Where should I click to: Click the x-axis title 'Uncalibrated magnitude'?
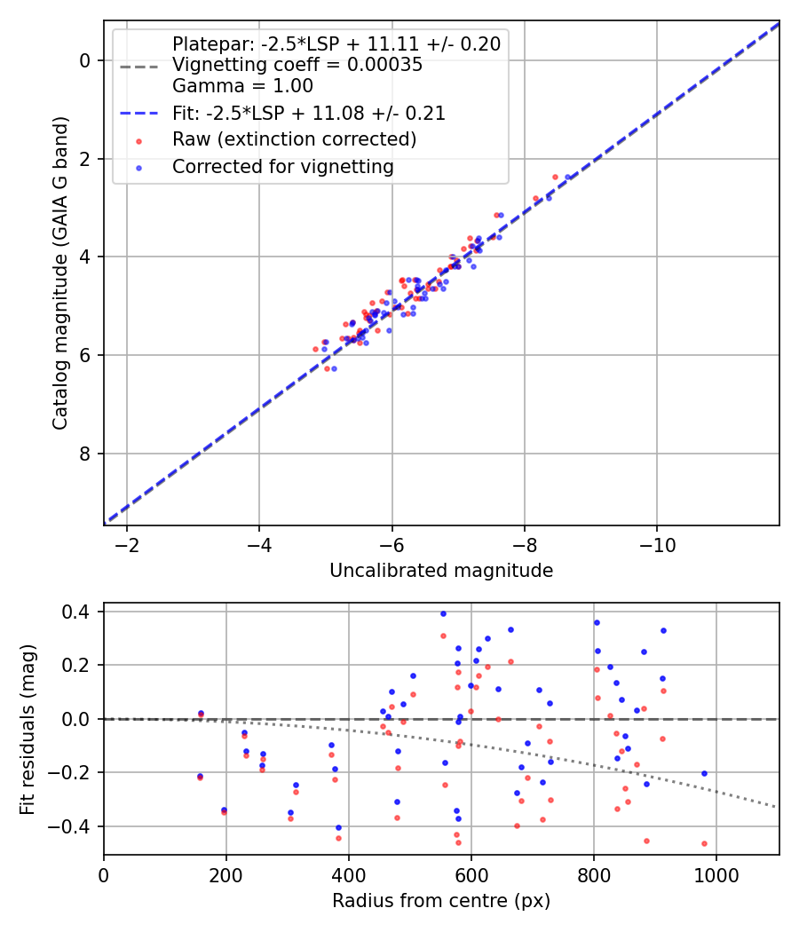441,571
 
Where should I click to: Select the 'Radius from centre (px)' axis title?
441,901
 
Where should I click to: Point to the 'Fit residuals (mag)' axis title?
28,729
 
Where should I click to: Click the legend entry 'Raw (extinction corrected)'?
294,139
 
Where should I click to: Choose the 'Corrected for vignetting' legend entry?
283,166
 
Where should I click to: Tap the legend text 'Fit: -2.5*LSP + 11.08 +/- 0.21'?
308,113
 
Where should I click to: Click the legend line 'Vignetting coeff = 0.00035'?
297,65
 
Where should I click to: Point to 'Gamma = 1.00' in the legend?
242,86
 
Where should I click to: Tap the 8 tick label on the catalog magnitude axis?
85,454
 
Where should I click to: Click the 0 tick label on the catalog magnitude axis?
85,60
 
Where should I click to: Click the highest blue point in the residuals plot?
443,613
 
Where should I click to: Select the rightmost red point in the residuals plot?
704,843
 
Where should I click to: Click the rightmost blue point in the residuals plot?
704,773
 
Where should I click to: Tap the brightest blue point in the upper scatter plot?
568,177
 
